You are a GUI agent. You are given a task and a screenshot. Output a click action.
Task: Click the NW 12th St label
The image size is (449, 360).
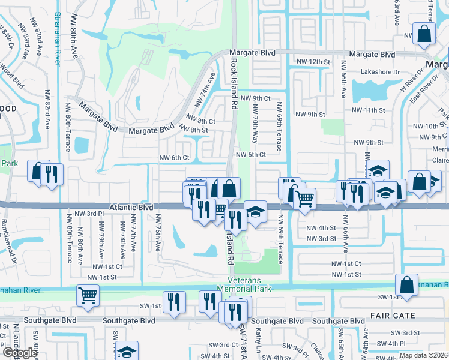[313, 62]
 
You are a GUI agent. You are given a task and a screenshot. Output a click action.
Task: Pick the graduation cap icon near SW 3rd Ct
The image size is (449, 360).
[127, 350]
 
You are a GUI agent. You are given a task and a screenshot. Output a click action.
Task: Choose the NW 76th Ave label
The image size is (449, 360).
[158, 233]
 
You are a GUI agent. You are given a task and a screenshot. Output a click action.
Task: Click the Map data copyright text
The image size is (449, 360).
[424, 355]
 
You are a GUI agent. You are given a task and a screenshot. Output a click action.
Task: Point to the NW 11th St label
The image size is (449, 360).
[378, 110]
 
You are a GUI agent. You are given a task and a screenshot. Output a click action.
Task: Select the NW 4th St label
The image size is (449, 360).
[321, 227]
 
